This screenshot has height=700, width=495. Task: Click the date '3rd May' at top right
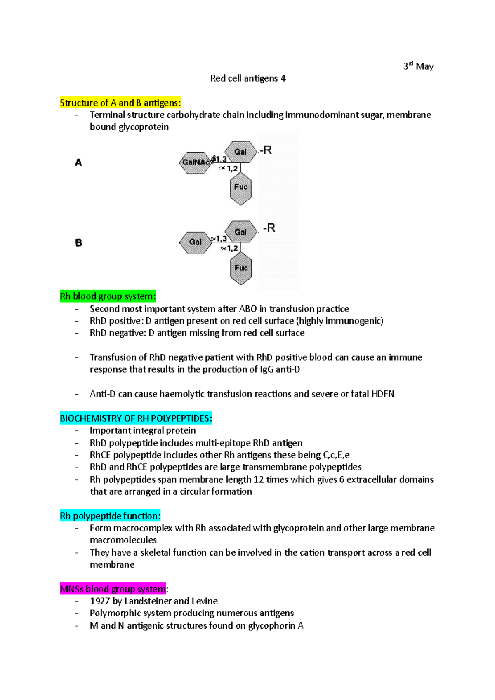click(418, 66)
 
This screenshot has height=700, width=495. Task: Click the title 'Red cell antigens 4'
click(247, 78)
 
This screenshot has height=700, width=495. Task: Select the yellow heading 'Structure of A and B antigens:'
click(120, 103)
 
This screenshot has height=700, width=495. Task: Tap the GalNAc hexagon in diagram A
click(195, 162)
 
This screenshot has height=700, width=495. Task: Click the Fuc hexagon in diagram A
click(240, 188)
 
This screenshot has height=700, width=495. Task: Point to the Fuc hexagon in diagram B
click(241, 268)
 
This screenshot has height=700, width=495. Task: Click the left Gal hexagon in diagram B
click(195, 242)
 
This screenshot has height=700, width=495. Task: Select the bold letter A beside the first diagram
click(78, 163)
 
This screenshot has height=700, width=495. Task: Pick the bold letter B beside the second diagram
click(78, 243)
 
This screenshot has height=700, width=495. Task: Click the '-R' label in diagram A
click(266, 150)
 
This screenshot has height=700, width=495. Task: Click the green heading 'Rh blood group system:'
click(108, 296)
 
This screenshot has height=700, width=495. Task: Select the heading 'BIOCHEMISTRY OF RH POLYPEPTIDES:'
click(136, 418)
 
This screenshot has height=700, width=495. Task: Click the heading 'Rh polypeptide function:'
click(110, 516)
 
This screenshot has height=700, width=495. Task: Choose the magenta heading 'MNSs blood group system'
click(113, 589)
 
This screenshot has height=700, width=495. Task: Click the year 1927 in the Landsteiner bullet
click(100, 601)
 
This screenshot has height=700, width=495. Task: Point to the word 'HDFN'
click(382, 394)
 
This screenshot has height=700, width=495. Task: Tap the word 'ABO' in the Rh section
click(247, 309)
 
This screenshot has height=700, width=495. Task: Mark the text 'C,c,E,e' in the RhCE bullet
click(336, 455)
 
